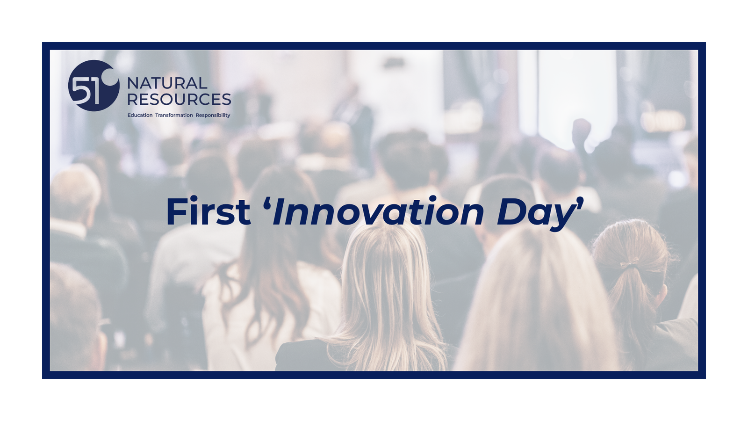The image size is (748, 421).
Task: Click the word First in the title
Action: pyautogui.click(x=208, y=212)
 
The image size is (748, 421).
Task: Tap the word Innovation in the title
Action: pyautogui.click(x=378, y=212)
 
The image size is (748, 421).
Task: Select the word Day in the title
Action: pyautogui.click(x=536, y=214)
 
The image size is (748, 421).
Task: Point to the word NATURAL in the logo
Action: pyautogui.click(x=167, y=84)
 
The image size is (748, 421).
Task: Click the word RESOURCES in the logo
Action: pyautogui.click(x=179, y=100)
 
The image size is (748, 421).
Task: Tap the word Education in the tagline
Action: pyautogui.click(x=140, y=115)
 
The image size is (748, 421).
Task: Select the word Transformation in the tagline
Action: pyautogui.click(x=174, y=115)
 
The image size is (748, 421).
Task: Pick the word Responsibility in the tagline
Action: pyautogui.click(x=213, y=115)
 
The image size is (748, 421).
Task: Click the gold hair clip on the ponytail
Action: pyautogui.click(x=629, y=264)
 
